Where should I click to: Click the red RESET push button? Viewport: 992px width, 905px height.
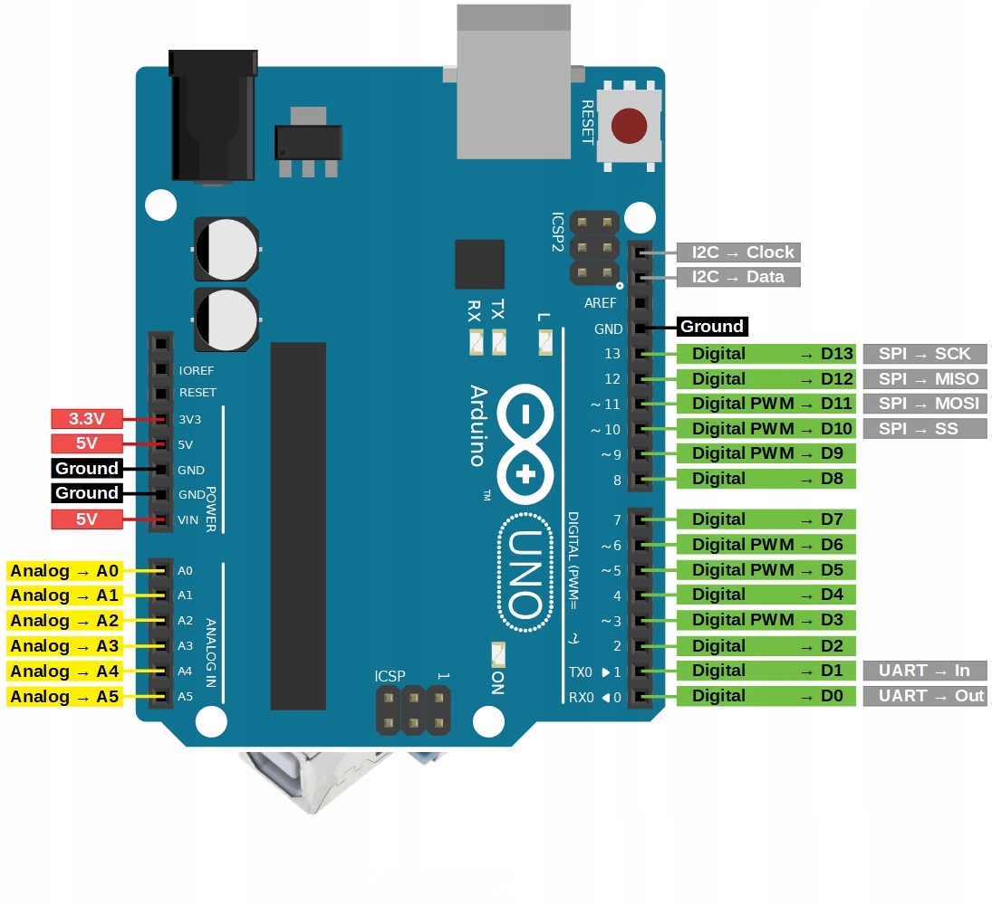[x=629, y=127]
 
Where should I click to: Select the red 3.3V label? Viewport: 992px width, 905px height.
[x=87, y=419]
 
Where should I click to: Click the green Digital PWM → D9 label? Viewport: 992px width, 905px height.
[x=766, y=453]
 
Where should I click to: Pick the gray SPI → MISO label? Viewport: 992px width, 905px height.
[x=925, y=379]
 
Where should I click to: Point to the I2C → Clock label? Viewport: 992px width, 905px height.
[x=738, y=252]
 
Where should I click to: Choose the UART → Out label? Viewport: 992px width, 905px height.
[x=925, y=696]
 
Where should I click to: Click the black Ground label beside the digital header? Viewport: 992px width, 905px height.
[x=712, y=327]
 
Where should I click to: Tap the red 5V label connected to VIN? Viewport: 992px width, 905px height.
[x=87, y=519]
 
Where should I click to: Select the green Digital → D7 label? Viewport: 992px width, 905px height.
[x=766, y=519]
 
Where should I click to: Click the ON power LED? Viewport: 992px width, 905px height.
[x=497, y=653]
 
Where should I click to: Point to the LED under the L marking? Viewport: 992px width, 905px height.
[x=545, y=342]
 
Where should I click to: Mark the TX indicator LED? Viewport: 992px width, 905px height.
[x=499, y=342]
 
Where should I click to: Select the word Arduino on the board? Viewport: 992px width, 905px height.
[x=478, y=425]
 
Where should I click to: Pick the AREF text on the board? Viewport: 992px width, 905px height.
[x=600, y=304]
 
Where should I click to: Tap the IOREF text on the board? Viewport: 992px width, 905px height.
[x=197, y=370]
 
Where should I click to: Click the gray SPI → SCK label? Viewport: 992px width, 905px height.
[x=925, y=354]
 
